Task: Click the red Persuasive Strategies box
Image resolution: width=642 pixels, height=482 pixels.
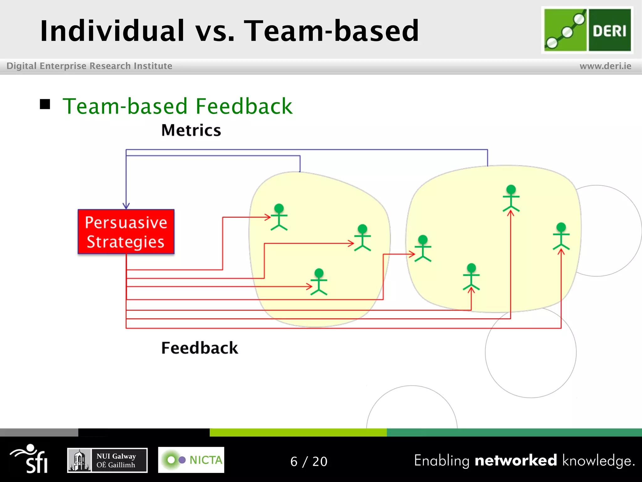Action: point(126,232)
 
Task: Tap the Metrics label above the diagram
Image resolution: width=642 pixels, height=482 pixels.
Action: point(191,130)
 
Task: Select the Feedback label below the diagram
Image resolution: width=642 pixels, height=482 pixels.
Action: point(199,348)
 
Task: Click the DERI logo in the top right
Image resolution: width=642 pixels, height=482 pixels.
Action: point(587,30)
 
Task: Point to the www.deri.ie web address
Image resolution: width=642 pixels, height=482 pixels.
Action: point(605,66)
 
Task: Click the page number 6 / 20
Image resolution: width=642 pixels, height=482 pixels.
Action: point(309,461)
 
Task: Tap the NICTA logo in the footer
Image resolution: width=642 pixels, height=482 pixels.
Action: point(191,460)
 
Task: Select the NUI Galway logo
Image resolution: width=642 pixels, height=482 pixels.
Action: point(107,460)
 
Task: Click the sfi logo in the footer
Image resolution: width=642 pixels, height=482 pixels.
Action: point(30,458)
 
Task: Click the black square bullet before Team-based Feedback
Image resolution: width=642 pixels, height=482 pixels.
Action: point(45,104)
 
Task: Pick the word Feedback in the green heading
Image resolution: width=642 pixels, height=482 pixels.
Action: point(244,106)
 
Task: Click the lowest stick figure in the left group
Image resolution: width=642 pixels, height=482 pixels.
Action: point(319,281)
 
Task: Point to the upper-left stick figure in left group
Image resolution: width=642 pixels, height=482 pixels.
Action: point(279,217)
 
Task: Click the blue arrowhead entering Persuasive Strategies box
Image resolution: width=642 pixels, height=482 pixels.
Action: point(126,206)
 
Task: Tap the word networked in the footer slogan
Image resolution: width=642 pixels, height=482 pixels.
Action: point(516,460)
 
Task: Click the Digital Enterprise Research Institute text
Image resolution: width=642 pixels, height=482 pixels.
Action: point(89,66)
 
